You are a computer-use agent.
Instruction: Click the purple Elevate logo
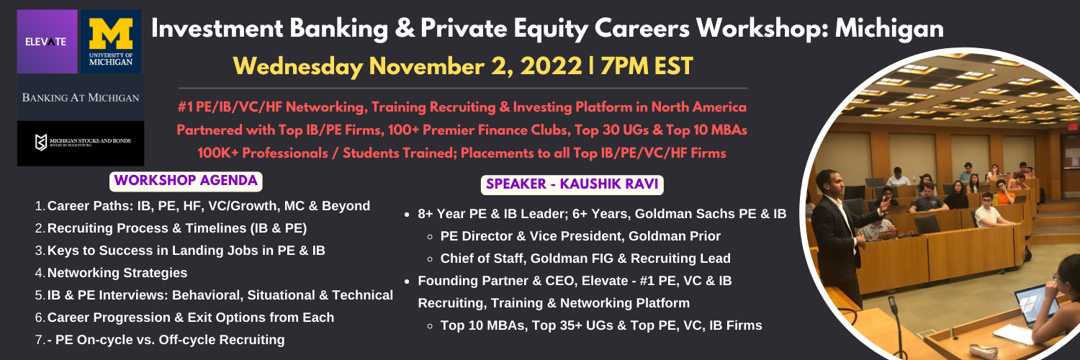tap(48, 42)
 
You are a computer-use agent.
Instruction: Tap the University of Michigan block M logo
tap(111, 42)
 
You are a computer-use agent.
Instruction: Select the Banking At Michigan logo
tap(81, 97)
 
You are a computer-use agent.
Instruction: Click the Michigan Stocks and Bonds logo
tap(81, 143)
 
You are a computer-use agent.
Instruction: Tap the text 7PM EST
tap(647, 66)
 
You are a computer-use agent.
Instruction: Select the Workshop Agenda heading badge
tap(186, 181)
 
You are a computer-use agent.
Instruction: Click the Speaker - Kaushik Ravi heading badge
tap(572, 184)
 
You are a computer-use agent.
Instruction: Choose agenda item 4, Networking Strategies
tap(117, 273)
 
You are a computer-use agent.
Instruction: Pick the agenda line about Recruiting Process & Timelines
tap(177, 228)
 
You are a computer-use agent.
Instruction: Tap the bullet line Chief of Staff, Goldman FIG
tap(585, 258)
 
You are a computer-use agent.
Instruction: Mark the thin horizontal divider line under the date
tap(463, 88)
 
